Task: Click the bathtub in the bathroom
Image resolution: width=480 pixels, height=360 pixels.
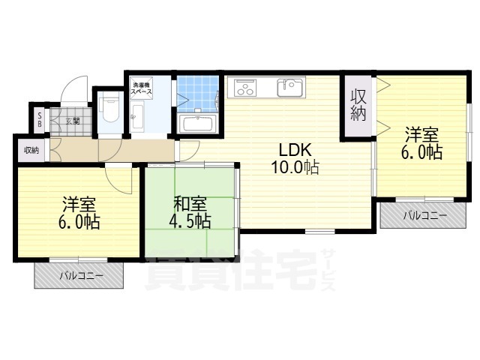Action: click(x=198, y=123)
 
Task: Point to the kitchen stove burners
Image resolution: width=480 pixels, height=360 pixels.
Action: click(x=245, y=88)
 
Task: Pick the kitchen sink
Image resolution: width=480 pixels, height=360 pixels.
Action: click(x=289, y=88)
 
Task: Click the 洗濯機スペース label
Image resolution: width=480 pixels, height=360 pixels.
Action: click(x=142, y=88)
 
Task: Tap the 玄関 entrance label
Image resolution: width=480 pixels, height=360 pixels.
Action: click(x=72, y=121)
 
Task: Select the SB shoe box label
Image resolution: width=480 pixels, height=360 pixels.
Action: click(x=40, y=121)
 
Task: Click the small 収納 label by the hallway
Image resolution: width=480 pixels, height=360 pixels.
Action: click(x=31, y=150)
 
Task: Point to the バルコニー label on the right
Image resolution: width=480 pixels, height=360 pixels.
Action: click(x=424, y=216)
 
